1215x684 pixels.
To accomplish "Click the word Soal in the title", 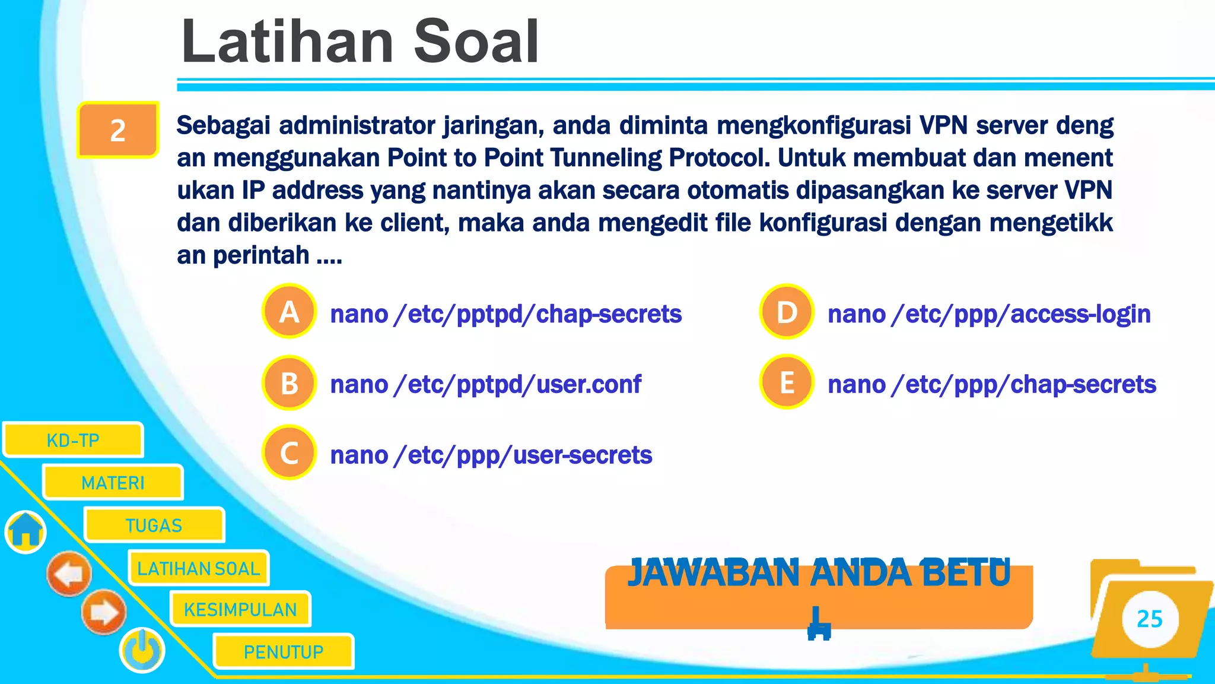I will [x=476, y=42].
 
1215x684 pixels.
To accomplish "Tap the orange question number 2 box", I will [x=118, y=130].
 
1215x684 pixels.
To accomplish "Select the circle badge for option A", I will [x=289, y=312].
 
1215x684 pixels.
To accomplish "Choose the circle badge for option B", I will [x=289, y=383].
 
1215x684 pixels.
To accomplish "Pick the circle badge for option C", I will [x=289, y=453].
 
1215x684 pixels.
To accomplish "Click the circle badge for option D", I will [x=787, y=312].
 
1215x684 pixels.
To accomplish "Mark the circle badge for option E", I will [x=787, y=382].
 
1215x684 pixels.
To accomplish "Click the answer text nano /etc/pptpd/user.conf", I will [x=485, y=385].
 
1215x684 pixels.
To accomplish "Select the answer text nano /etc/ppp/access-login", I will [x=989, y=314].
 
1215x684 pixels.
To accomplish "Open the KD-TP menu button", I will [x=73, y=440].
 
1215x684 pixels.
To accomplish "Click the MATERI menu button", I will [x=113, y=483].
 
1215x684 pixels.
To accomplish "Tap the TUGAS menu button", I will [x=154, y=525].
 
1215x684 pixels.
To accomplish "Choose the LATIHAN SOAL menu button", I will [x=198, y=568].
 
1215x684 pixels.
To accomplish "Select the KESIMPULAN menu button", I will [x=240, y=609].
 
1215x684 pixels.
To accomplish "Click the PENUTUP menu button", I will [x=284, y=652].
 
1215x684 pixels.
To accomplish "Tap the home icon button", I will [x=26, y=531].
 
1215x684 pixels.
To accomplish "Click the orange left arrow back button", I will [x=69, y=574].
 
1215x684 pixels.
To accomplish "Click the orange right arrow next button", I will [x=104, y=612].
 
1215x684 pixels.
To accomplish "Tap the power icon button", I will [x=142, y=650].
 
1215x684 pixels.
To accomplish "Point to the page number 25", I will [x=1149, y=619].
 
